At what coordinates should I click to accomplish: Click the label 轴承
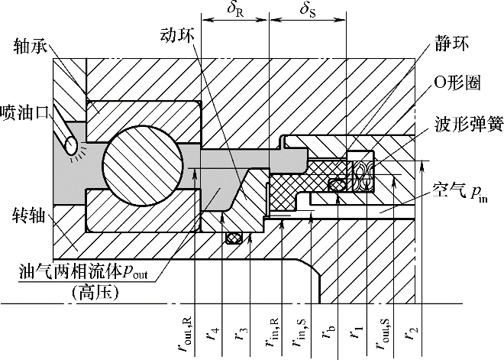31,47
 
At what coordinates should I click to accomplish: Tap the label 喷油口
25,113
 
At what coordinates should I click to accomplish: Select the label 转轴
28,216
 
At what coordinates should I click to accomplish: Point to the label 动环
178,37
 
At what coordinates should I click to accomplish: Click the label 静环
451,44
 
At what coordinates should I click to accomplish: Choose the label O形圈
457,83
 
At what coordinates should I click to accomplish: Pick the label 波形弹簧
468,125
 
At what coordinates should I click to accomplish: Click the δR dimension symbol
235,9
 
